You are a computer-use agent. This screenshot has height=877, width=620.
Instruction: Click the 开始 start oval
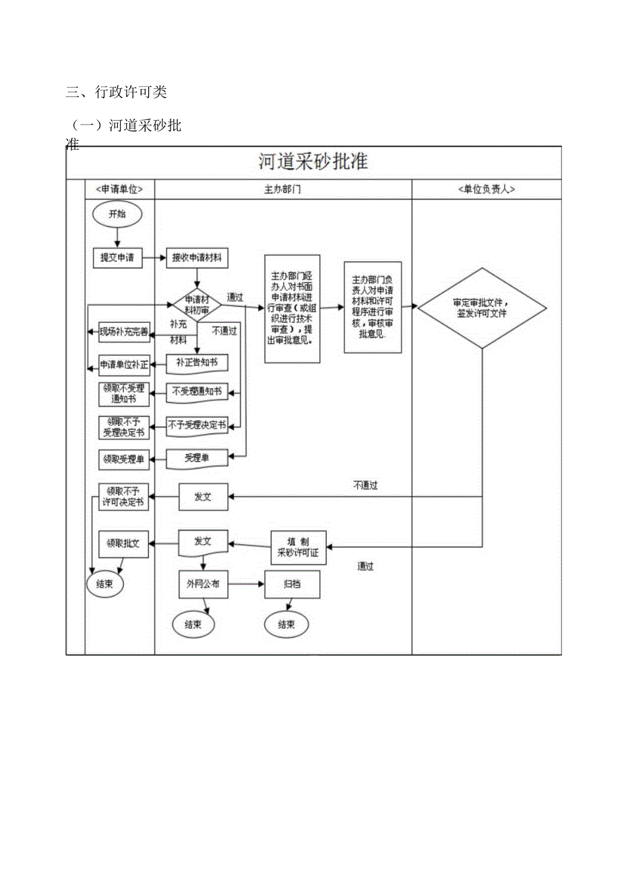pyautogui.click(x=117, y=214)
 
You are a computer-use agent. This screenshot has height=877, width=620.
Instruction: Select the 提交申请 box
pyautogui.click(x=117, y=258)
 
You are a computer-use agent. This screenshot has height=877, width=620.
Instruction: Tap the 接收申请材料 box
pyautogui.click(x=197, y=258)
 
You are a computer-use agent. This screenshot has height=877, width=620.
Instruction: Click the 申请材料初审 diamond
pyautogui.click(x=197, y=305)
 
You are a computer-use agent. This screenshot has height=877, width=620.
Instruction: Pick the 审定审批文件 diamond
pyautogui.click(x=482, y=309)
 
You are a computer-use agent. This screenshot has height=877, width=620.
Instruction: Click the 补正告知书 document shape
pyautogui.click(x=197, y=363)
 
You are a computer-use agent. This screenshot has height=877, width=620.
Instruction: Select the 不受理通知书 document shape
pyautogui.click(x=197, y=391)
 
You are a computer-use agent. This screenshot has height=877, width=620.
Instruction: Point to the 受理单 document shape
pyautogui.click(x=197, y=458)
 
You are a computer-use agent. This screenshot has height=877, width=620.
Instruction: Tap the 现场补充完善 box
pyautogui.click(x=124, y=331)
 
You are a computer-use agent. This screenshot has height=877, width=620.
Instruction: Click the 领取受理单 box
pyautogui.click(x=124, y=460)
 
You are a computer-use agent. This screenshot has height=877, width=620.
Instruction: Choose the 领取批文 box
pyautogui.click(x=123, y=543)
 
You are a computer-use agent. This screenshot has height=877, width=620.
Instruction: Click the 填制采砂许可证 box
pyautogui.click(x=298, y=547)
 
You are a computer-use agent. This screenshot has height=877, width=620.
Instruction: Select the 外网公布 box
pyautogui.click(x=203, y=584)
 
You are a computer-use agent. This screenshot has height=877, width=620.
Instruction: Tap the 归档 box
pyautogui.click(x=292, y=584)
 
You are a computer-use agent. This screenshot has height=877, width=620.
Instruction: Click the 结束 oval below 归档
pyautogui.click(x=286, y=624)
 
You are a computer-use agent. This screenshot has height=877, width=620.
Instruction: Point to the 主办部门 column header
pyautogui.click(x=283, y=189)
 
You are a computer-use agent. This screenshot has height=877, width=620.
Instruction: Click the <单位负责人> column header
pyautogui.click(x=486, y=189)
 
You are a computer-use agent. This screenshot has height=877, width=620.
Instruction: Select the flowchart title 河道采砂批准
pyautogui.click(x=313, y=162)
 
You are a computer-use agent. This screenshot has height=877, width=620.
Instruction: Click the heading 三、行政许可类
pyautogui.click(x=116, y=92)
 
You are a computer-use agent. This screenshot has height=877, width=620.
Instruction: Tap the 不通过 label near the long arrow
pyautogui.click(x=365, y=485)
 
